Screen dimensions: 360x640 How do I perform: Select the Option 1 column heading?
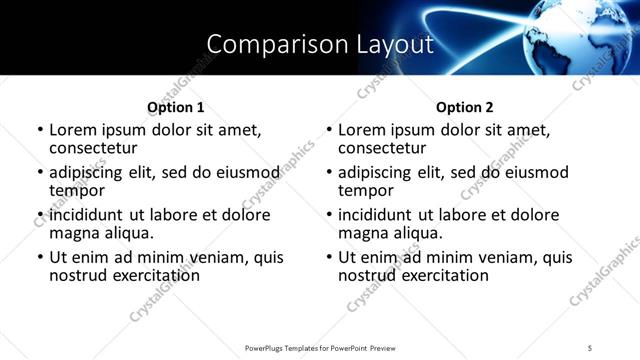pyautogui.click(x=176, y=107)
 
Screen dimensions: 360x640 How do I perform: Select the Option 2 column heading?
pyautogui.click(x=465, y=107)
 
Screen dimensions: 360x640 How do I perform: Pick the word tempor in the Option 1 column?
pyautogui.click(x=77, y=190)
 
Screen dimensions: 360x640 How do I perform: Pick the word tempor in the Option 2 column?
pyautogui.click(x=366, y=190)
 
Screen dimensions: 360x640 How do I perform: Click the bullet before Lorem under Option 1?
pyautogui.click(x=40, y=131)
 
